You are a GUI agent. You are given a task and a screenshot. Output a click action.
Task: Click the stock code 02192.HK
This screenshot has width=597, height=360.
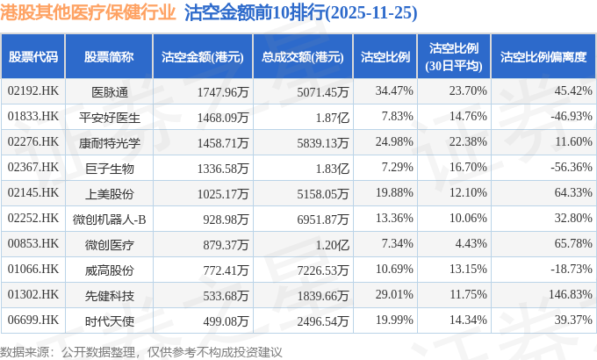(32, 90)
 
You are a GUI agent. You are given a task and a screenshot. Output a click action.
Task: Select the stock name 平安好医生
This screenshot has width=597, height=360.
(109, 116)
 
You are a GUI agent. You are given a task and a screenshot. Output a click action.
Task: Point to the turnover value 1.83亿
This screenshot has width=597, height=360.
(332, 167)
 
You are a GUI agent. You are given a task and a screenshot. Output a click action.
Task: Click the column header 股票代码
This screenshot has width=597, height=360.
(32, 57)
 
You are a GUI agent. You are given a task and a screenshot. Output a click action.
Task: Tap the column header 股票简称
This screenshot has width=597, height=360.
(109, 57)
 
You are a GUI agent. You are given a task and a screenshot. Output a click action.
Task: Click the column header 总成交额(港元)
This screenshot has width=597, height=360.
(301, 57)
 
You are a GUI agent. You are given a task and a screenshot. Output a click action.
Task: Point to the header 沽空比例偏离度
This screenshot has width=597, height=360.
(542, 57)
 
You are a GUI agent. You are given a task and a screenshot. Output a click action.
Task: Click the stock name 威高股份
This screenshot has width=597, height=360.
(109, 269)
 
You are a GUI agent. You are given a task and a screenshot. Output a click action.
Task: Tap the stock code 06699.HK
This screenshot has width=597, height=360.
(32, 320)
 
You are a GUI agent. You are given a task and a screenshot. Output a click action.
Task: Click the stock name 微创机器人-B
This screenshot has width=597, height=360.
(109, 218)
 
